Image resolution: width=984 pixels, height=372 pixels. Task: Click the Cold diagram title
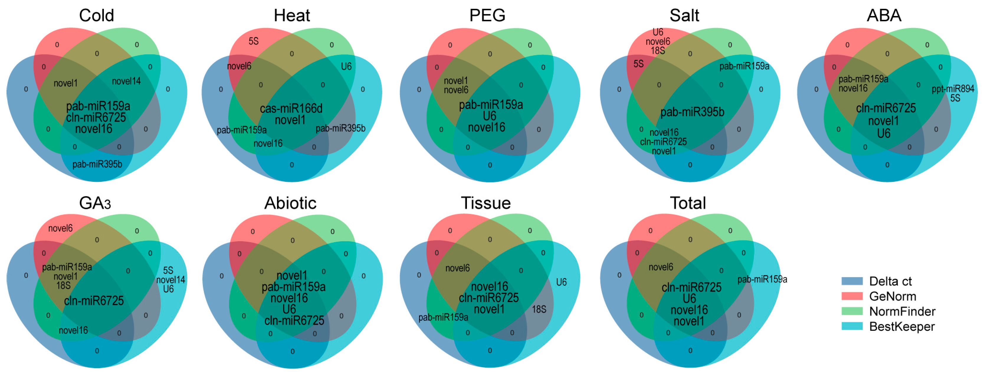pos(97,16)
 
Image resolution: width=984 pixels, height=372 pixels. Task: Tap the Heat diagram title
pos(292,16)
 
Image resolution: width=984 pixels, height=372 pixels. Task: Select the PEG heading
pos(487,16)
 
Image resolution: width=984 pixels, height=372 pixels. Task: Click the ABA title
pos(884,16)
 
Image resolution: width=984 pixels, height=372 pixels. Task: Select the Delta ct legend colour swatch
pos(852,281)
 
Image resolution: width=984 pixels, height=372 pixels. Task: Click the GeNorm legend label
pos(892,296)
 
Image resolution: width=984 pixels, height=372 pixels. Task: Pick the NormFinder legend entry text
pos(902,311)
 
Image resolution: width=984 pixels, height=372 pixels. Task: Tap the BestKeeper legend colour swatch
pos(852,326)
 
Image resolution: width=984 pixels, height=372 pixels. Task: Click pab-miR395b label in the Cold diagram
pos(97,164)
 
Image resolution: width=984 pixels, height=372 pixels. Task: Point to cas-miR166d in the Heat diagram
pos(291,109)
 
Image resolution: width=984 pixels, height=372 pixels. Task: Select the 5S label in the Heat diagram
pos(254,41)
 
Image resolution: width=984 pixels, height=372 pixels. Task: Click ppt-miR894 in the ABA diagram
pos(953,89)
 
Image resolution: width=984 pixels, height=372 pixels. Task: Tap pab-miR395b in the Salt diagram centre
pos(692,112)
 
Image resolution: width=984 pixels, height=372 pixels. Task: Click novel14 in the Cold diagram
pos(126,81)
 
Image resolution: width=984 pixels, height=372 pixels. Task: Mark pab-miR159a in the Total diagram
pos(762,280)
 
